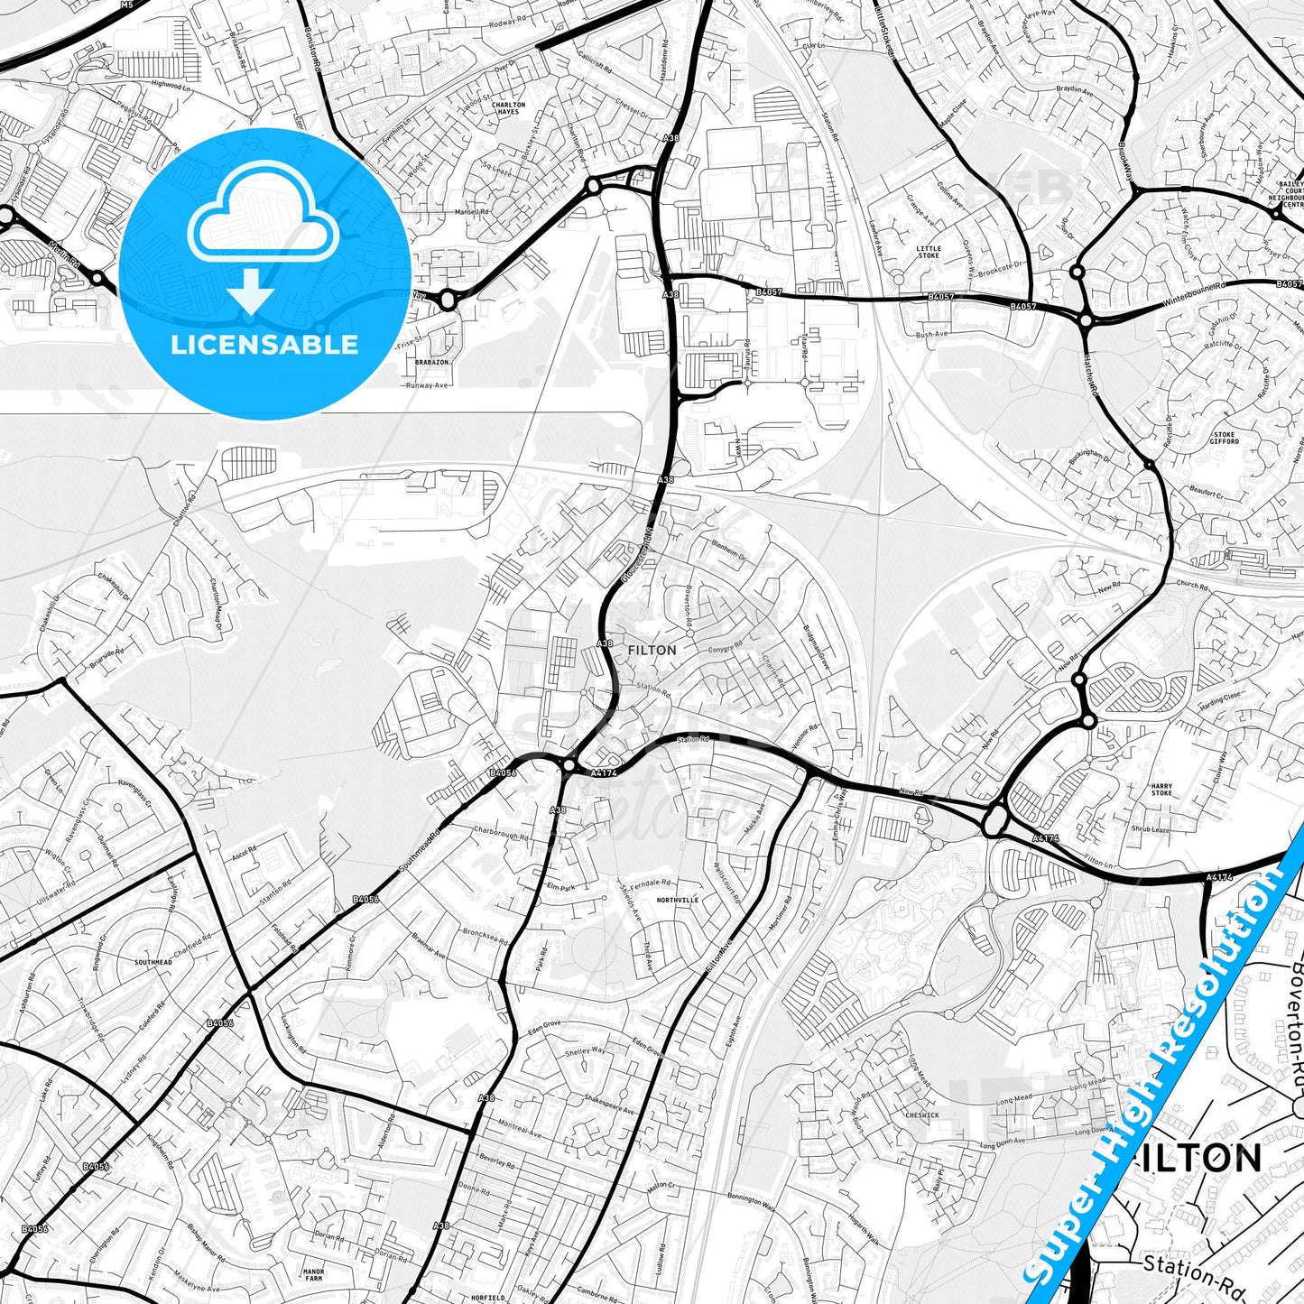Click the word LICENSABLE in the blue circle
pos(264,344)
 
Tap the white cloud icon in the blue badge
pos(264,219)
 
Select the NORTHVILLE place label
pos(678,901)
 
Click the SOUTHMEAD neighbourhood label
pos(153,963)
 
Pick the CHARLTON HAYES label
pos(508,108)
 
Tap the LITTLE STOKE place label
pos(928,252)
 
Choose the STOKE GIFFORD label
pos(1225,438)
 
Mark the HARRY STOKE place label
pos(1161,790)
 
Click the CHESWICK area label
pos(922,1115)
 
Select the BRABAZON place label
pos(432,362)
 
